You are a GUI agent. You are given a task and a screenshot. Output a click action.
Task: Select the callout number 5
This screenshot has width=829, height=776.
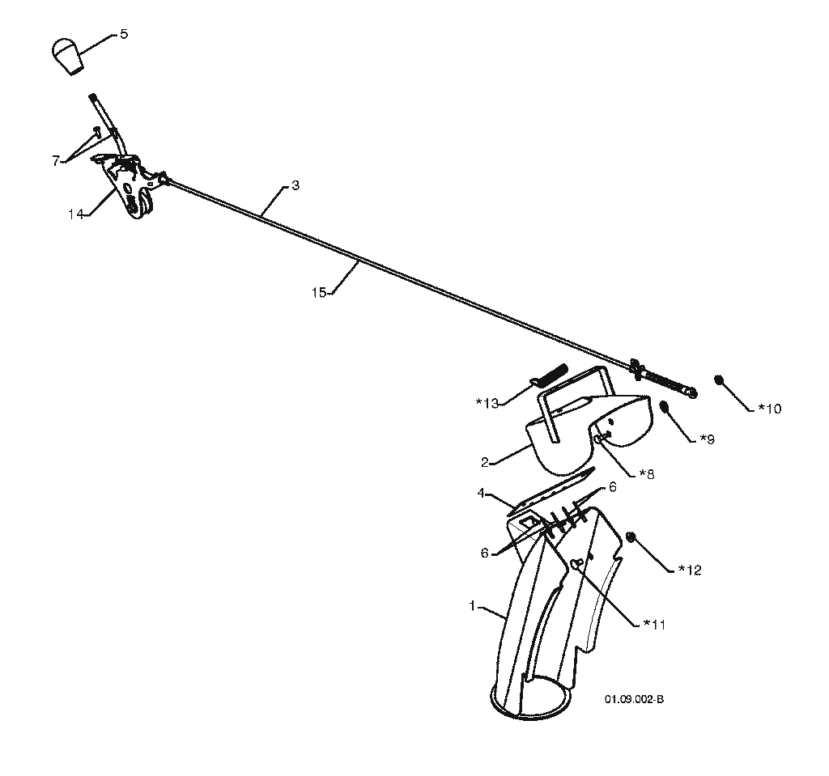tap(124, 34)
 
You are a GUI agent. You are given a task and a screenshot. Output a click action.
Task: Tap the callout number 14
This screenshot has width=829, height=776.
tap(75, 214)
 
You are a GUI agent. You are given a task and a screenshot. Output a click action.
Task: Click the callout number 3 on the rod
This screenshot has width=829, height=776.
tap(295, 185)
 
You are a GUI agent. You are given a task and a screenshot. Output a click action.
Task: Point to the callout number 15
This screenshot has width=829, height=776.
tap(319, 292)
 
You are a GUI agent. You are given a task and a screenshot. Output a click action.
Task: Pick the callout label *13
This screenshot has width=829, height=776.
tap(487, 404)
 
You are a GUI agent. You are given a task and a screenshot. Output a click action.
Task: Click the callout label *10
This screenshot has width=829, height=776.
tap(770, 409)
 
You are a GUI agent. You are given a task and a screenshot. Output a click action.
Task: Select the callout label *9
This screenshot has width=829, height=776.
tap(708, 439)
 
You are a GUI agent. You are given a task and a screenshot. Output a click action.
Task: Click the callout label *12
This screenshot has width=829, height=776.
tap(690, 570)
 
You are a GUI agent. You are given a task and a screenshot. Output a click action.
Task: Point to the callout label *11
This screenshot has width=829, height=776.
tap(653, 625)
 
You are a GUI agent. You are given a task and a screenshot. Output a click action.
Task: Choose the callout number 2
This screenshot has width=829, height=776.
tap(485, 463)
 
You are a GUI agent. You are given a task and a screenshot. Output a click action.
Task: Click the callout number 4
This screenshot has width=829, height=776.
tap(481, 494)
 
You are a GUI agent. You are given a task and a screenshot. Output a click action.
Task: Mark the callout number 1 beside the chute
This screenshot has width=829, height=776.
tap(473, 606)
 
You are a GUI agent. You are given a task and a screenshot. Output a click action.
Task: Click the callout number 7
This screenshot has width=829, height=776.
tap(56, 161)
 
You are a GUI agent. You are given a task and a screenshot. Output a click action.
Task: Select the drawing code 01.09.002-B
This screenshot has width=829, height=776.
tap(635, 699)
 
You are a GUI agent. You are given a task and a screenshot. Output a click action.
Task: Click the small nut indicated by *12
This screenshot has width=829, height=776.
tap(630, 537)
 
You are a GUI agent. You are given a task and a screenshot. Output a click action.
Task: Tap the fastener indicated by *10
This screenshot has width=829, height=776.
tap(719, 380)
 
